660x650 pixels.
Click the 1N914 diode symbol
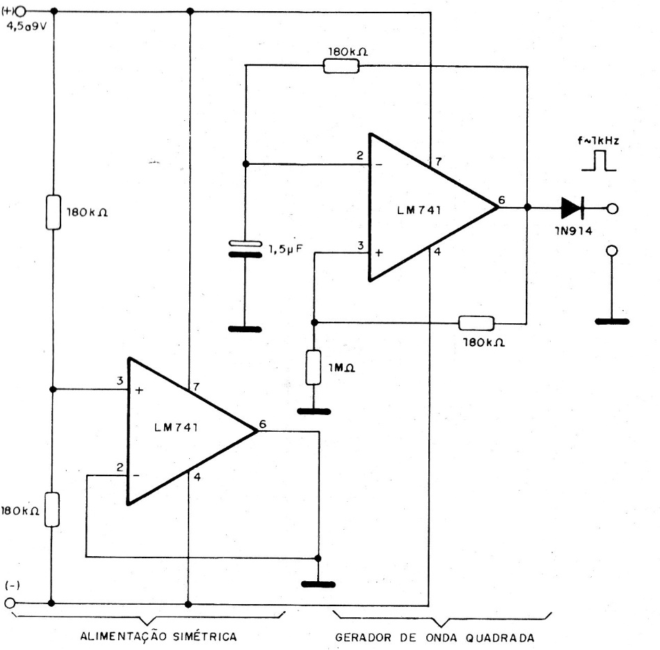[x=572, y=208]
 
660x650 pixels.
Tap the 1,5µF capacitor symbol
[x=245, y=249]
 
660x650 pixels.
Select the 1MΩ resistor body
[x=313, y=367]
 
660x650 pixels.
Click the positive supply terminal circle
[x=19, y=11]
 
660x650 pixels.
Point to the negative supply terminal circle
[x=10, y=603]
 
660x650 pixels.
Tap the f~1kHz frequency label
[x=598, y=140]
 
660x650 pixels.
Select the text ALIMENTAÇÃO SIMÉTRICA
[x=159, y=636]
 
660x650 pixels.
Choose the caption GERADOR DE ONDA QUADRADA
[x=435, y=637]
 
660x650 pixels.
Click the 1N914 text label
[x=573, y=231]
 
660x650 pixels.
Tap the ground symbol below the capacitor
[x=245, y=329]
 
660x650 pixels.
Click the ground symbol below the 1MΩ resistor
[x=314, y=411]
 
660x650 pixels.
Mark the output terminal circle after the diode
[x=613, y=208]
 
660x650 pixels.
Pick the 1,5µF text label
[x=286, y=250]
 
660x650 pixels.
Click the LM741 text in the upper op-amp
[x=419, y=210]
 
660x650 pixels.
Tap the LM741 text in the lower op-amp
[x=176, y=428]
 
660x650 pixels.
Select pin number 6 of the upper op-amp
[x=501, y=200]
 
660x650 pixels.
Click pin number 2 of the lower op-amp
[x=120, y=467]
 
